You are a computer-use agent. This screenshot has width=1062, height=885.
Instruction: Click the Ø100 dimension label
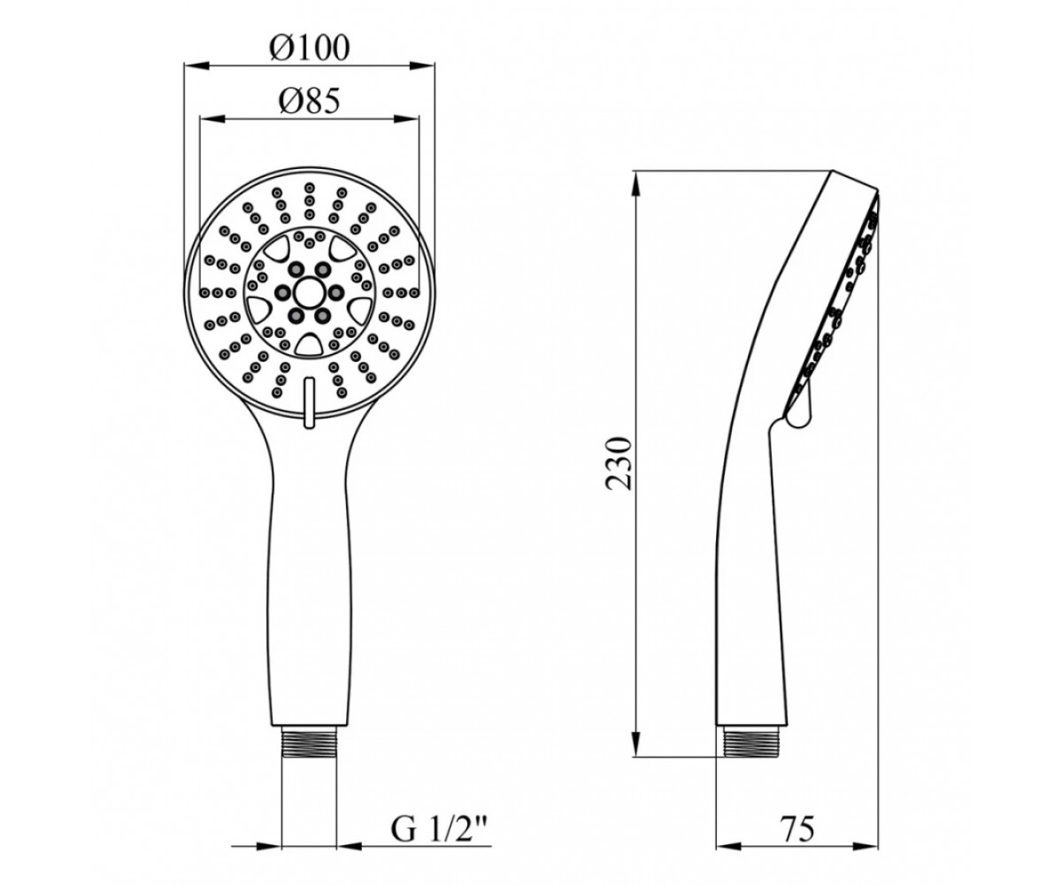click(310, 49)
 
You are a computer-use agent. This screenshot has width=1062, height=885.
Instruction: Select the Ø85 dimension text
click(309, 103)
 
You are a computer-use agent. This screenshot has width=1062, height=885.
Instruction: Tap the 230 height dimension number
click(619, 463)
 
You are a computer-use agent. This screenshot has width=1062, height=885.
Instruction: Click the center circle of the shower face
click(309, 291)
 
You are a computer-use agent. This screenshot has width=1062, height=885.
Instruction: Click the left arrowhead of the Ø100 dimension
click(196, 65)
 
